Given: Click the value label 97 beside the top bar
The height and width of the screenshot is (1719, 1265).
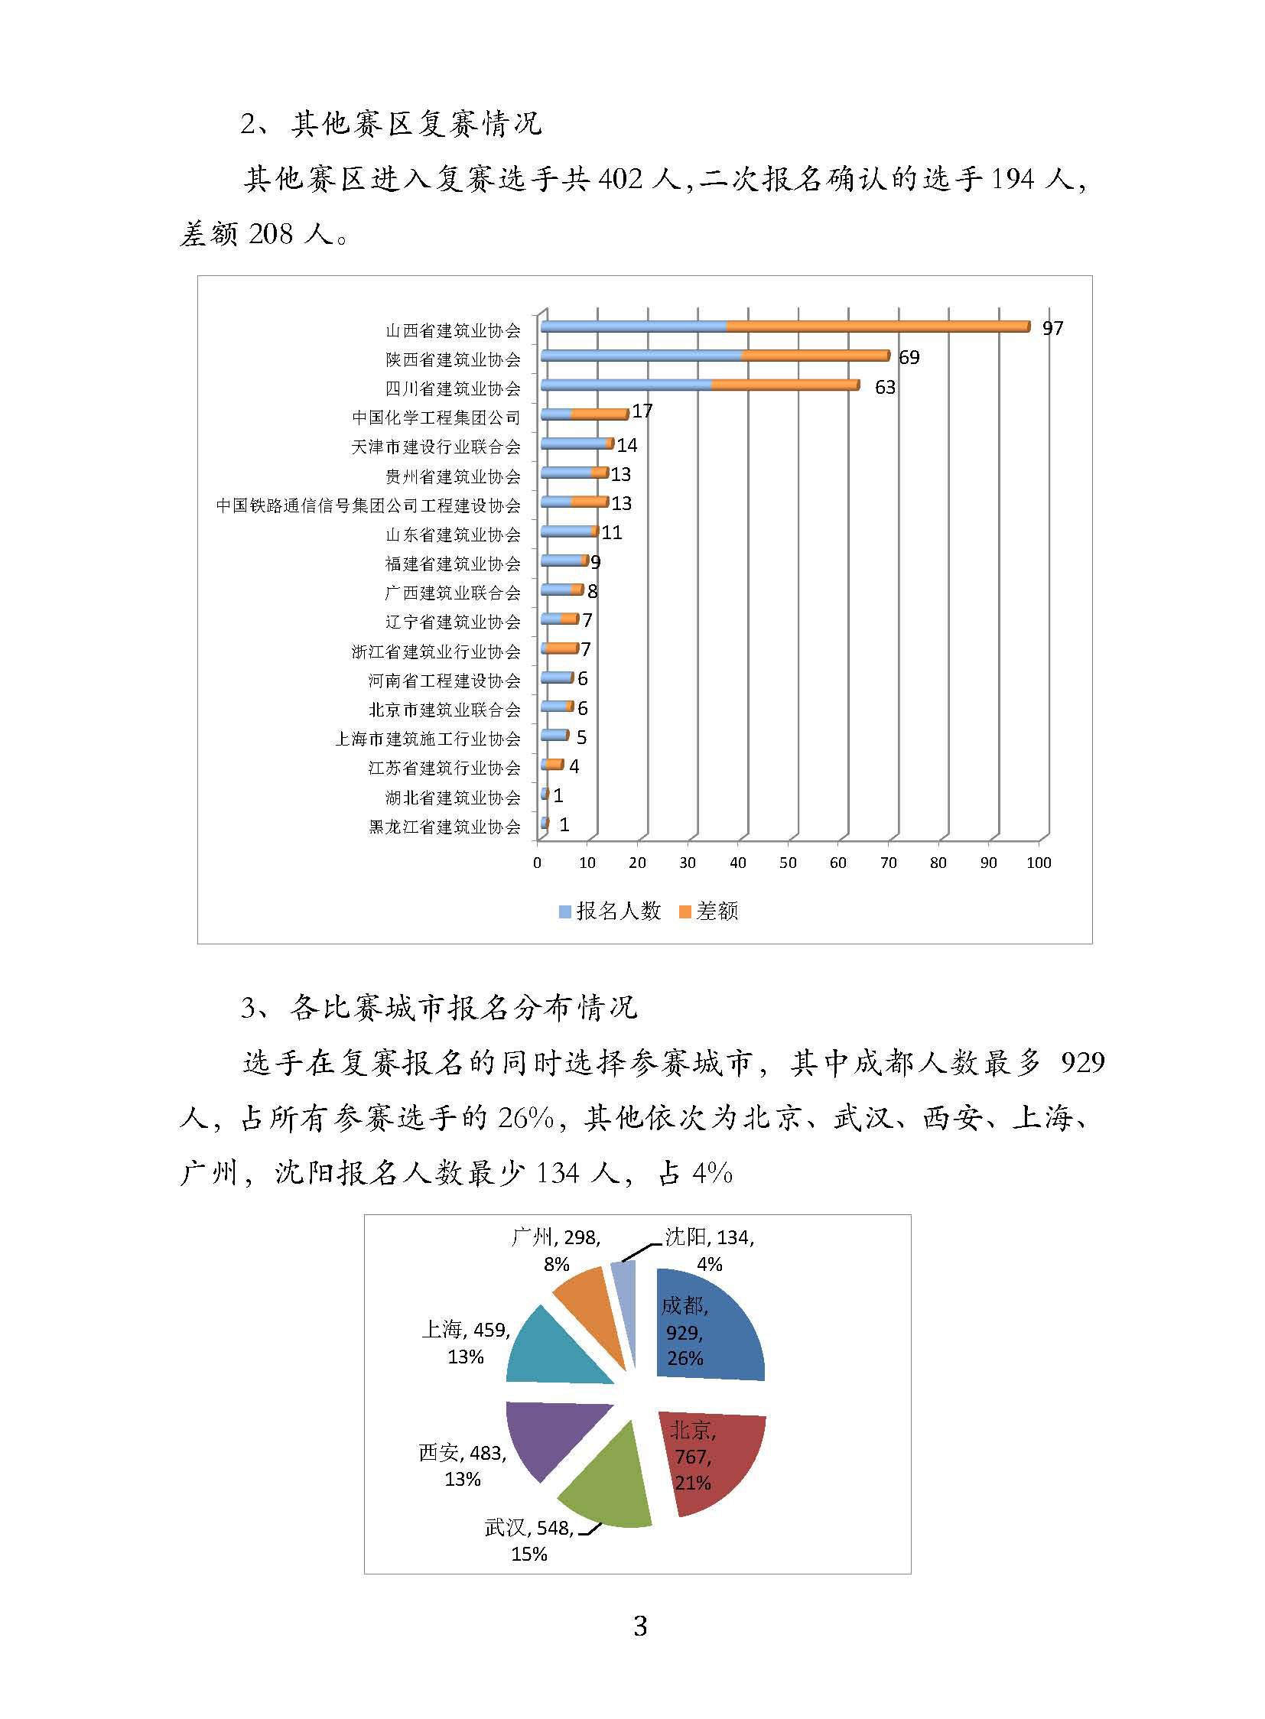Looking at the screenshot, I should pos(1052,329).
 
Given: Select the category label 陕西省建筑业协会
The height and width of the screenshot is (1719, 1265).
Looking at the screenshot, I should pos(453,359).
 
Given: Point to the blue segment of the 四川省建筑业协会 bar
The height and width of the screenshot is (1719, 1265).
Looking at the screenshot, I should pos(626,385).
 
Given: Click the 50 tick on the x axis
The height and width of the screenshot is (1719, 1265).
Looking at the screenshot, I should pos(787,863).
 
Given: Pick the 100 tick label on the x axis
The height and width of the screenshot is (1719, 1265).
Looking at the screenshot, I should pos(1039,863).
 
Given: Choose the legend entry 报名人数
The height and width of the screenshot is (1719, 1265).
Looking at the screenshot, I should pos(610,911).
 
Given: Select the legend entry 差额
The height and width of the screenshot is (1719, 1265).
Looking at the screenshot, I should pos(709,911).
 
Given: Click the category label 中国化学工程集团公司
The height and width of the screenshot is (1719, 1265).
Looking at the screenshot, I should pos(436,418).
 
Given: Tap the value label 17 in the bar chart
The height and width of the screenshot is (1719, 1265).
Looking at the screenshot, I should pos(642,411).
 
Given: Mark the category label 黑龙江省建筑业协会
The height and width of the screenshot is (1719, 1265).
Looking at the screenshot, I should pos(444,827).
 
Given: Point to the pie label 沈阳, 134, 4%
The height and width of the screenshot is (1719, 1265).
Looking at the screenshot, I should pos(709,1249).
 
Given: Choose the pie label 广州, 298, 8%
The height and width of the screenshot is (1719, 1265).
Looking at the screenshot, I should pos(556,1249).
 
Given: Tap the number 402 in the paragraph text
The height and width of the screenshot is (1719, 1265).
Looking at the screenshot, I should pos(620,179).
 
